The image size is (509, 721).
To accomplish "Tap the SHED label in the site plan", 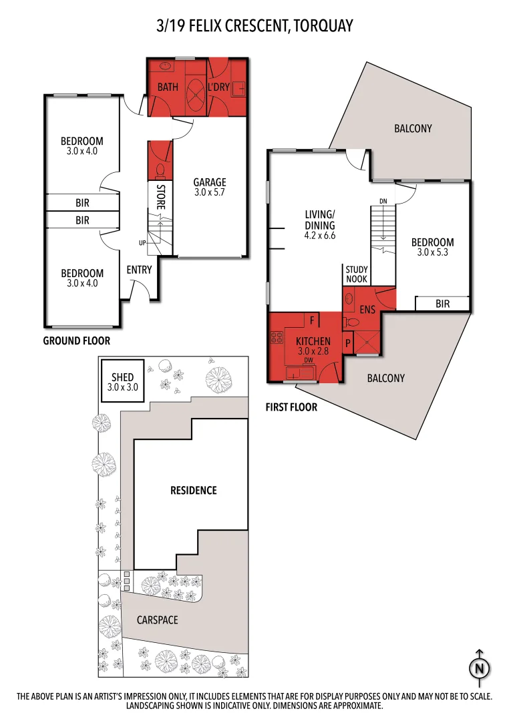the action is click(122, 377).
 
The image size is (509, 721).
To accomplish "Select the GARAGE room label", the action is click(210, 182).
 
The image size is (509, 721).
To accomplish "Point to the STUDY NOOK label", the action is click(357, 274).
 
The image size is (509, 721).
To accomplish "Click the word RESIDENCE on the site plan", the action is click(194, 490).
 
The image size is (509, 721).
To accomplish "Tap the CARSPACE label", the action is click(158, 620).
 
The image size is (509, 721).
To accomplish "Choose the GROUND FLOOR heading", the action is click(77, 340).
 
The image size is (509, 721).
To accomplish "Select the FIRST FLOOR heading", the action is click(291, 407).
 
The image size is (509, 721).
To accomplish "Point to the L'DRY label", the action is click(219, 87).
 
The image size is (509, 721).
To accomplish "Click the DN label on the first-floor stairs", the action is click(383, 201).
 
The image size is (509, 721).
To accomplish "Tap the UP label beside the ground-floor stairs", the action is click(142, 242).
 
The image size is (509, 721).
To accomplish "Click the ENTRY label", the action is click(139, 270).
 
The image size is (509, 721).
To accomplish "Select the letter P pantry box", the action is click(348, 343).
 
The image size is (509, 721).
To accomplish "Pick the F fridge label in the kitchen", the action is click(312, 320).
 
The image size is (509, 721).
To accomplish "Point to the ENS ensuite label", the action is click(367, 310).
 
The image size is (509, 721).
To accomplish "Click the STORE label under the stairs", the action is click(160, 198).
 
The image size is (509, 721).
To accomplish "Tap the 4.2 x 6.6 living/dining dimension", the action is click(319, 236).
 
